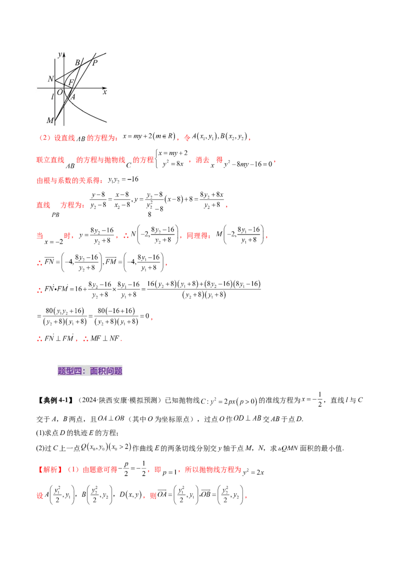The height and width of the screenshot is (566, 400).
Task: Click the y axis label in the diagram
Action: click(59, 54)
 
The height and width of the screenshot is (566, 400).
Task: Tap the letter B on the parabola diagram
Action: click(77, 62)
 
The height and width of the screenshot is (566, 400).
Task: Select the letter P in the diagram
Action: click(94, 62)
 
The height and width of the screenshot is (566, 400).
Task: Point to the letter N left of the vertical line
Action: click(50, 79)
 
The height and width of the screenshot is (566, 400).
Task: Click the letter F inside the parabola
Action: click(71, 82)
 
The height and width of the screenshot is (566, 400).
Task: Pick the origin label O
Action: click(59, 92)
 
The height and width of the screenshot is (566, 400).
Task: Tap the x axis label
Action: click(104, 92)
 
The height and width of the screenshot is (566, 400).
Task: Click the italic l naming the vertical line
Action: click(52, 96)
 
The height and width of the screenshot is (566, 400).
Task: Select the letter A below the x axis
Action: click(72, 97)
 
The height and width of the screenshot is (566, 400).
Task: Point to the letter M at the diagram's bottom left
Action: click(50, 120)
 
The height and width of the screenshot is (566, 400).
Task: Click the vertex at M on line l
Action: click(55, 120)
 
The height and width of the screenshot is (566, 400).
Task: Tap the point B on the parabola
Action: click(80, 67)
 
